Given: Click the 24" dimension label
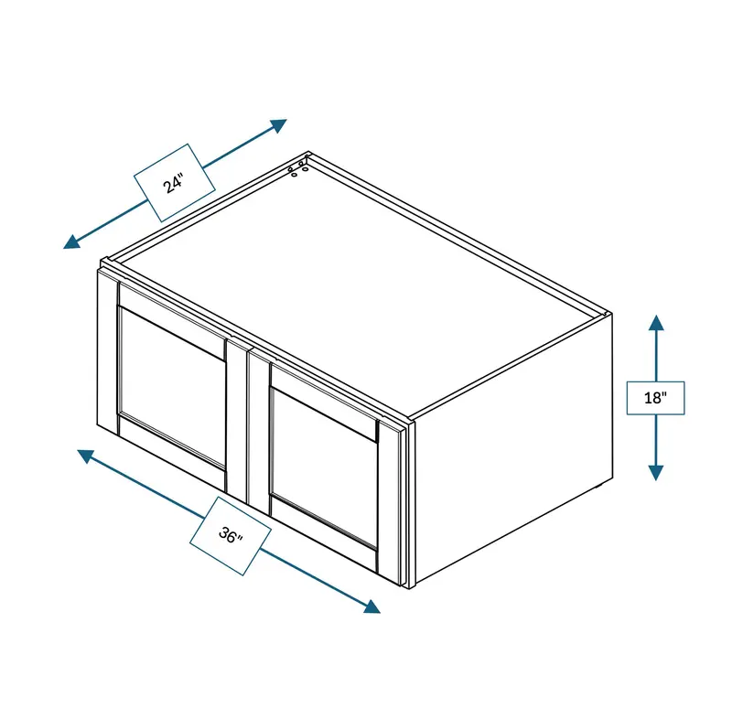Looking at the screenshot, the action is (174, 183).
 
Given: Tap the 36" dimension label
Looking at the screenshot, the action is (231, 536).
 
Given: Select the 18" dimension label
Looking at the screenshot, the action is (655, 398).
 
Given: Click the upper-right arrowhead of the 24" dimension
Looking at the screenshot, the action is (279, 125).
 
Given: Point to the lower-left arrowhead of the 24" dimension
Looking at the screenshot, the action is (71, 241).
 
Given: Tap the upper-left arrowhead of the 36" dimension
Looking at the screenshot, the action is (86, 456).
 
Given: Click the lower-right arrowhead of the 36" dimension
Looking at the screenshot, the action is (372, 606).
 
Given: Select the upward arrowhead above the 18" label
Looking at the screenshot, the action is (656, 323).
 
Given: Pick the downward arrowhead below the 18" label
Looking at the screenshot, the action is (656, 473).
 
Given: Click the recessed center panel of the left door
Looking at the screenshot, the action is (172, 385).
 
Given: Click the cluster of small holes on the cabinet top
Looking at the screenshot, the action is (298, 169).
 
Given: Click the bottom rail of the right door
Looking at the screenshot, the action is (323, 532).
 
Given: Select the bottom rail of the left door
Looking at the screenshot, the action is (172, 452).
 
